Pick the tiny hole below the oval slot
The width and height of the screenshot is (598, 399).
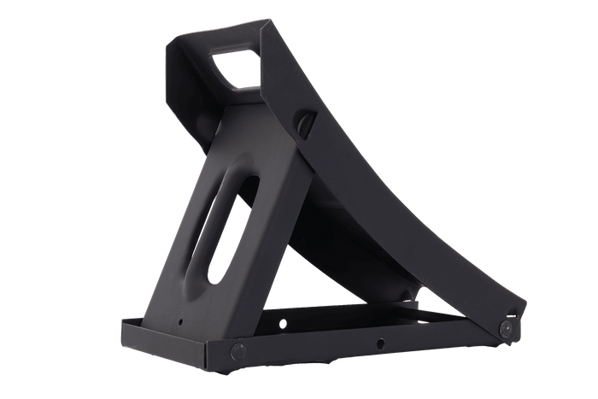click(x=181, y=321)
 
